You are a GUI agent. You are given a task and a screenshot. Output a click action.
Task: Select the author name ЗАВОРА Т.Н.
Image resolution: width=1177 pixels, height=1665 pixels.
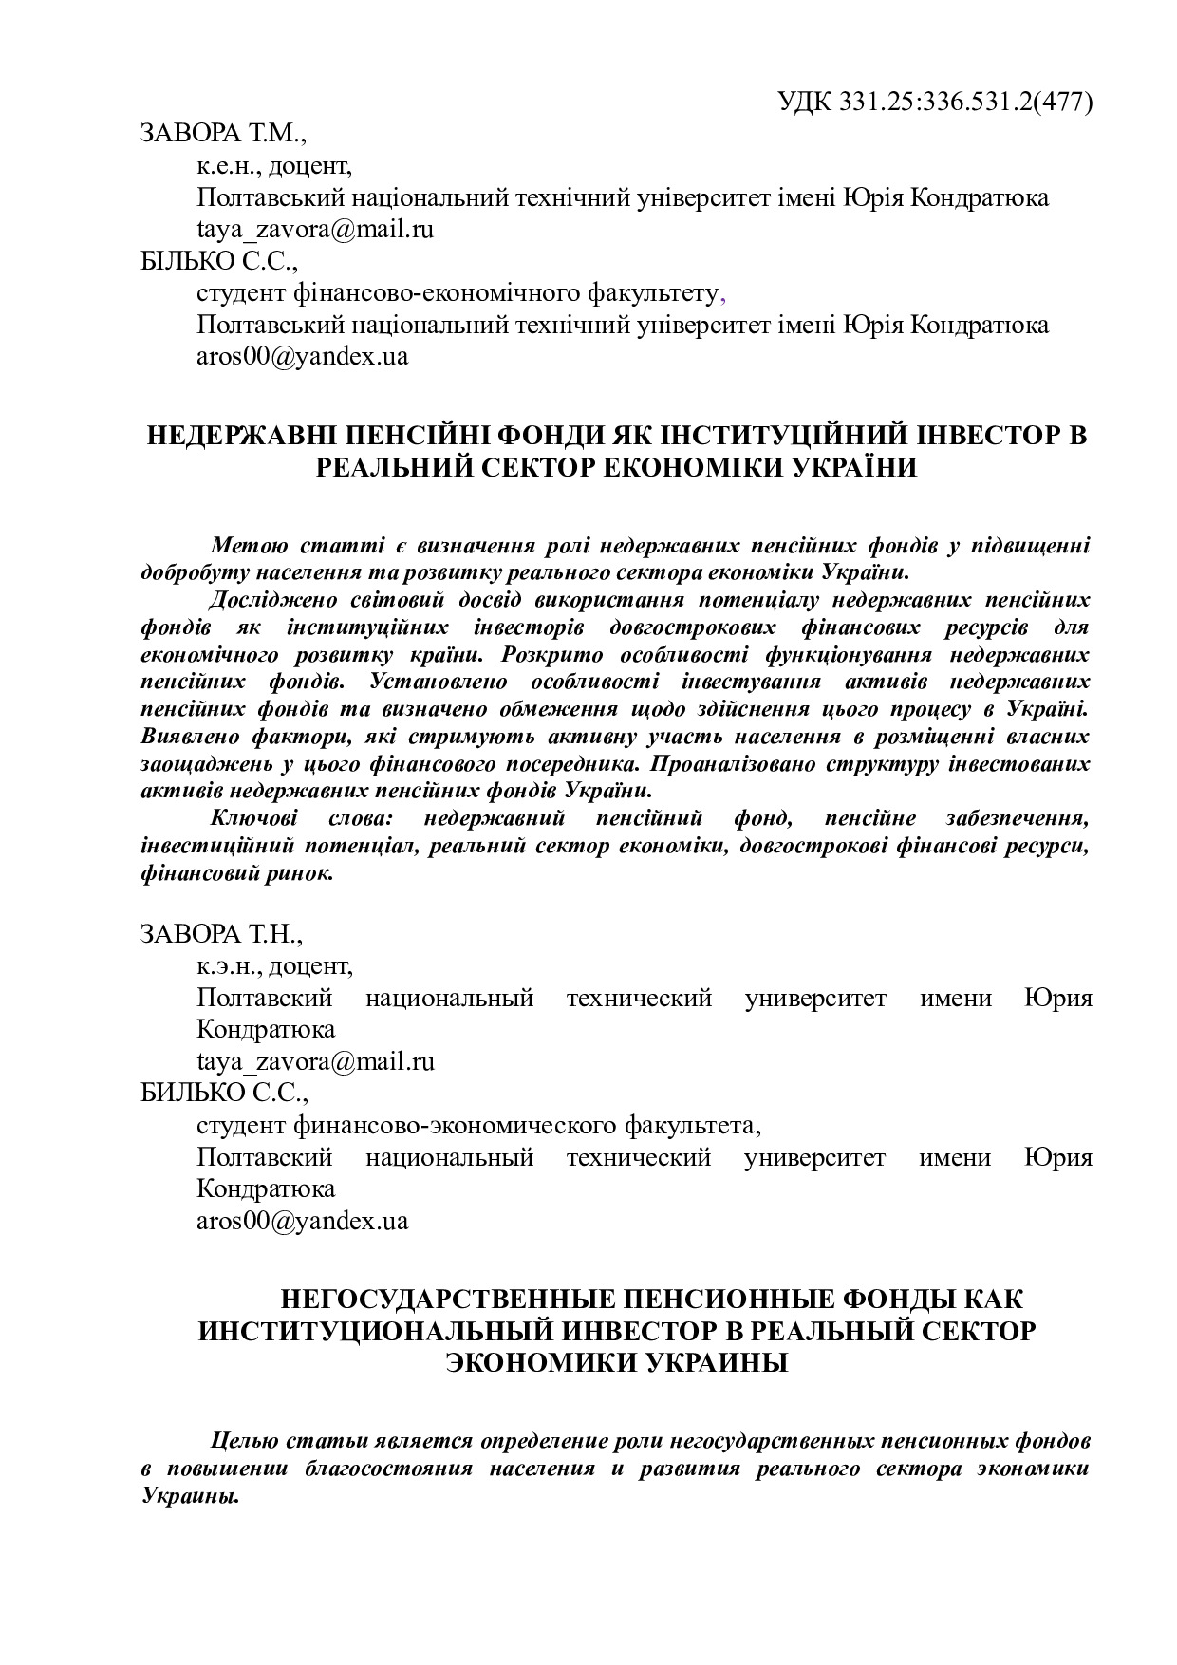tap(221, 934)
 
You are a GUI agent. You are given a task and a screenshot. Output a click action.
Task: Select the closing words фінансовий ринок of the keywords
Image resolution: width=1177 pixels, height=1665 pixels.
tap(236, 873)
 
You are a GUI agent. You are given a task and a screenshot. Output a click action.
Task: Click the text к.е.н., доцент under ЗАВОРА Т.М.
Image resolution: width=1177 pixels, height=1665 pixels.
tap(273, 166)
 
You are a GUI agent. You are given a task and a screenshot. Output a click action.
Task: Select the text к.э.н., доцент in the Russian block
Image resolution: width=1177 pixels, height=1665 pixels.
tap(274, 966)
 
